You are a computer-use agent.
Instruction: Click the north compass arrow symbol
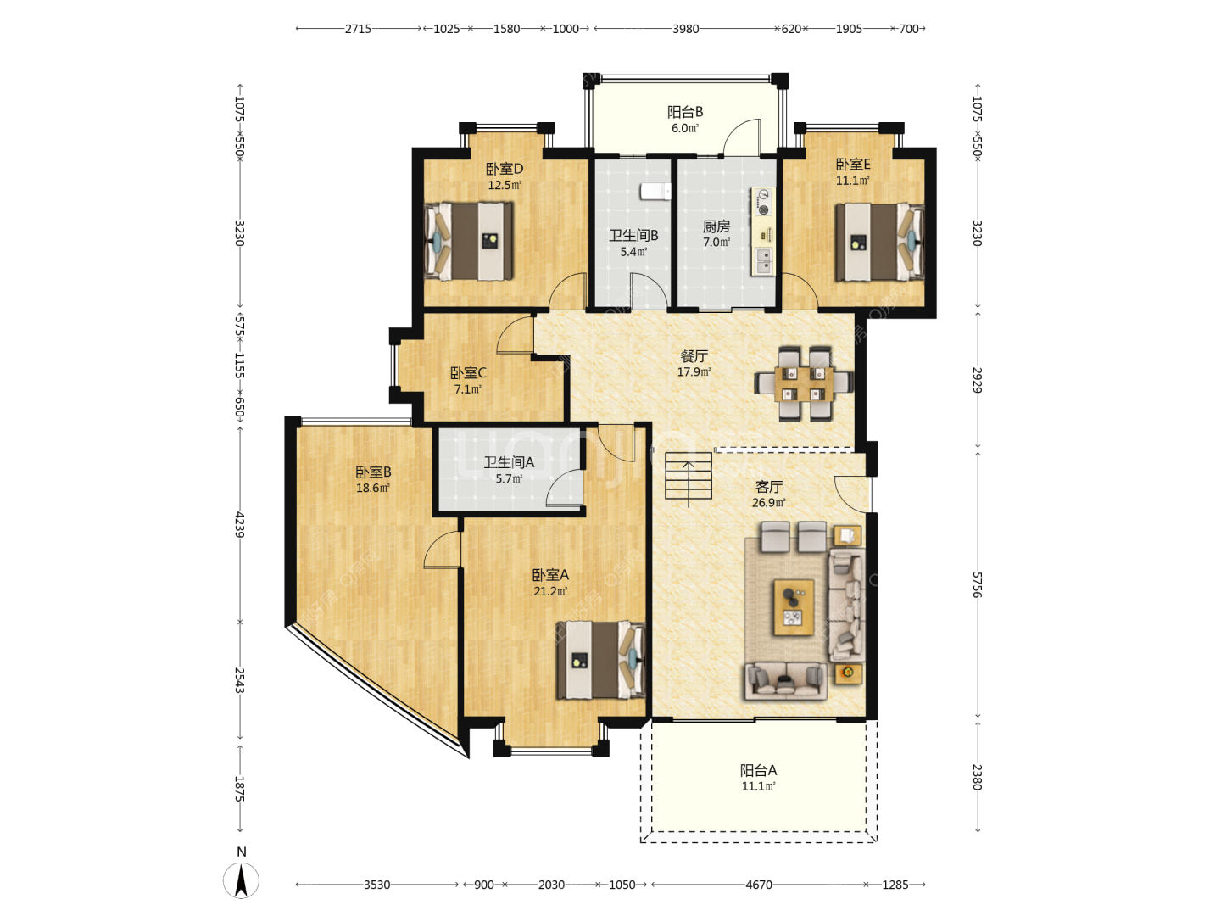coord(241,880)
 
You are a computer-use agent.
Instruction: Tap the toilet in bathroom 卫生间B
coord(655,192)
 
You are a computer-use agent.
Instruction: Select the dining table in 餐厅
coord(803,383)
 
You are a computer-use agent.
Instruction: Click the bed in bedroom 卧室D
coord(468,241)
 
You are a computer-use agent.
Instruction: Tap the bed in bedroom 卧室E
coord(879,242)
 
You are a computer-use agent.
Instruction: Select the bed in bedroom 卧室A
coord(600,660)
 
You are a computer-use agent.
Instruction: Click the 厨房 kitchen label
coord(716,226)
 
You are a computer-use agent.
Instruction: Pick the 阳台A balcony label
coord(758,770)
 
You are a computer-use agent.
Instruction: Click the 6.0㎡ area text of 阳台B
coord(685,128)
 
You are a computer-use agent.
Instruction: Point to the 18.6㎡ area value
coord(373,489)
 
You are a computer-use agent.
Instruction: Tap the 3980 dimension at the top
coord(685,29)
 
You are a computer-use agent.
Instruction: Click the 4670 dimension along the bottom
coord(759,885)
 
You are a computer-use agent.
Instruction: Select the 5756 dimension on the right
coord(978,584)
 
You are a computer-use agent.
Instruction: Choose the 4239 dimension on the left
coord(240,524)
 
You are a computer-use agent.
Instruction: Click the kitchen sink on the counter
coord(762,261)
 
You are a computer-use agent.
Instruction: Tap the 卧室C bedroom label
coord(468,372)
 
